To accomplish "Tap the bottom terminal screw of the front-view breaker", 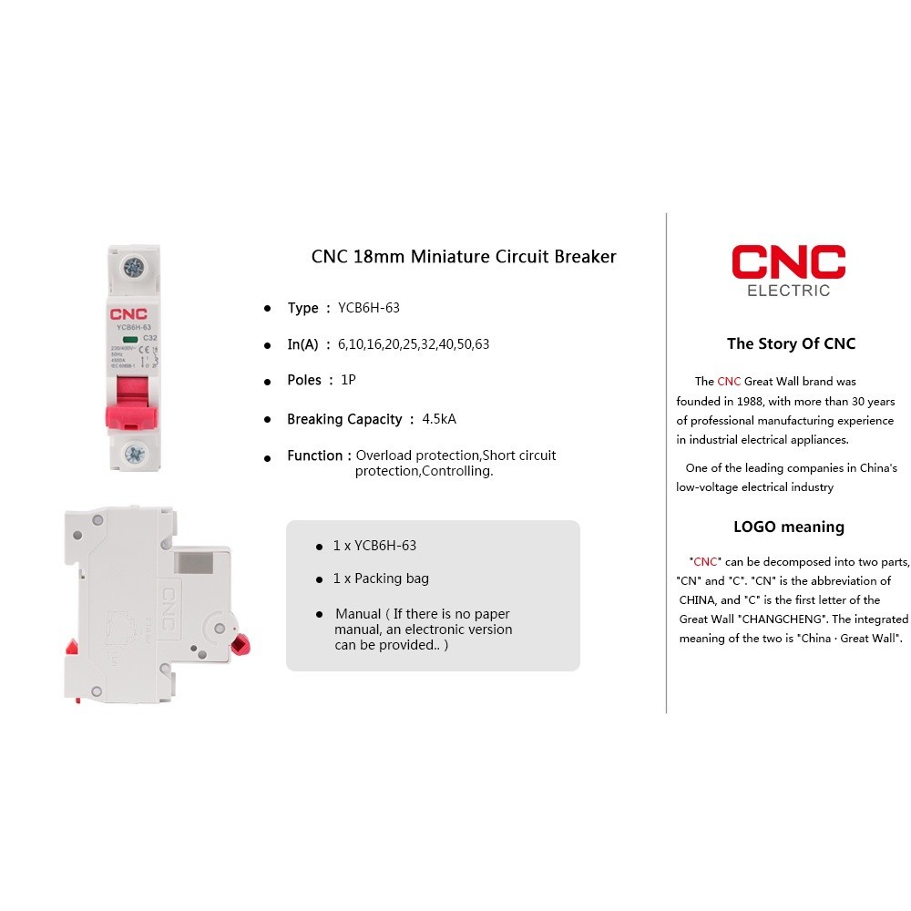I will (x=135, y=453).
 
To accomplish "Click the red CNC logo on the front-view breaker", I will (x=129, y=312).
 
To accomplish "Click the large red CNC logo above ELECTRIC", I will (x=788, y=261).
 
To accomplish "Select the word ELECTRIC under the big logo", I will (x=788, y=292).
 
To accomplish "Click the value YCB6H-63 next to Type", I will (x=369, y=308).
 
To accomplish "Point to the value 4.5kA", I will (x=439, y=419).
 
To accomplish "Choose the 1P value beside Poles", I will (x=348, y=380).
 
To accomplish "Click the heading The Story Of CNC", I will (x=791, y=343).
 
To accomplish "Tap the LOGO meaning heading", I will (x=789, y=527).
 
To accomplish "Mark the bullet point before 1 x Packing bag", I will (x=320, y=579).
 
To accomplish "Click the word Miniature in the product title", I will (x=450, y=257).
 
